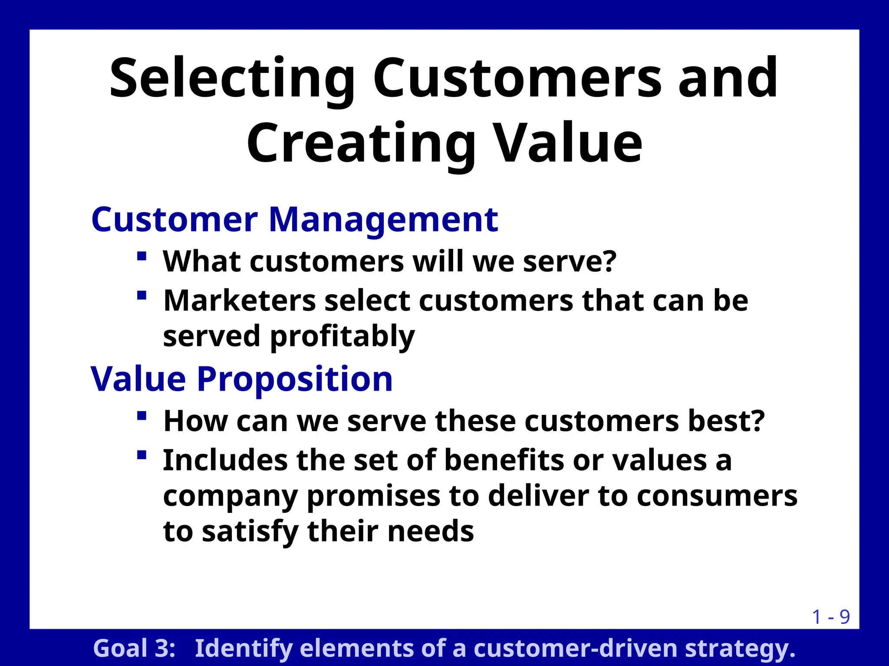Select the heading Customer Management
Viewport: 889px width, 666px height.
point(294,220)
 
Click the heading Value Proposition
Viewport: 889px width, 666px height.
point(242,379)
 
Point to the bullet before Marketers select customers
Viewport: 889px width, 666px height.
point(141,296)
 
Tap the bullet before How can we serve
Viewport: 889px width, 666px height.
point(141,416)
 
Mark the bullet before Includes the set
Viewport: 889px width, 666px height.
point(141,455)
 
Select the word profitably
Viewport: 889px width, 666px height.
point(342,337)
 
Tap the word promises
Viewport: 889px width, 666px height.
point(373,496)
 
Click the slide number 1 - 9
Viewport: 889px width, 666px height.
point(830,617)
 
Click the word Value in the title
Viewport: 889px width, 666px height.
point(569,144)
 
